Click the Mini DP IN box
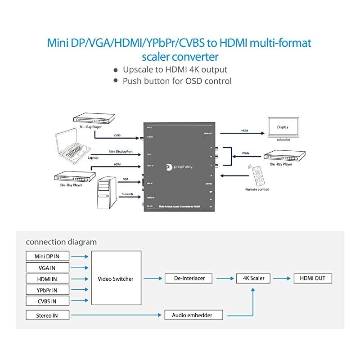click(x=47, y=256)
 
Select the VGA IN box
click(x=47, y=268)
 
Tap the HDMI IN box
click(x=47, y=279)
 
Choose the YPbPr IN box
click(x=47, y=290)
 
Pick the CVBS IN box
click(x=47, y=301)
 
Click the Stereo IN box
click(x=47, y=315)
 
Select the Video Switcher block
click(x=116, y=279)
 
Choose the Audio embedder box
click(x=194, y=315)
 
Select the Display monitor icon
click(x=282, y=127)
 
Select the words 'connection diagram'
click(x=61, y=242)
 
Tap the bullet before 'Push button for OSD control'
click(x=116, y=81)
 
